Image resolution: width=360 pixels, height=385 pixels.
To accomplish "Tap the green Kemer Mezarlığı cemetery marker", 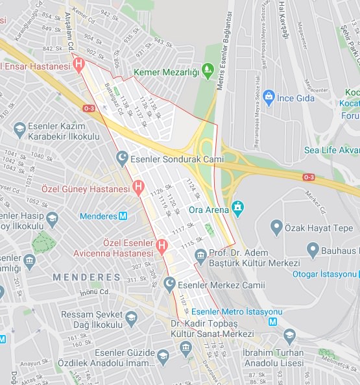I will (x=208, y=69).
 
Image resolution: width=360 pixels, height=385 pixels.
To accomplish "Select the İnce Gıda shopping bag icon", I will (x=269, y=97).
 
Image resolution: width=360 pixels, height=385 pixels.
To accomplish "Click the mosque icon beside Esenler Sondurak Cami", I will (x=121, y=158).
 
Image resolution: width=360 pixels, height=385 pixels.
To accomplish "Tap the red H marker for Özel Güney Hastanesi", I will (x=138, y=188).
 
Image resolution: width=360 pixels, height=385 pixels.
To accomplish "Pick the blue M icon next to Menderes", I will (x=123, y=216).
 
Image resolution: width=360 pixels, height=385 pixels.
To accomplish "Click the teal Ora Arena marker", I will (x=238, y=208).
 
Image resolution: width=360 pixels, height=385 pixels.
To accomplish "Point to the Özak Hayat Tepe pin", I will (x=276, y=228).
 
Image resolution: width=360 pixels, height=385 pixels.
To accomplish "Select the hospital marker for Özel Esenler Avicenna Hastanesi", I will (x=162, y=245).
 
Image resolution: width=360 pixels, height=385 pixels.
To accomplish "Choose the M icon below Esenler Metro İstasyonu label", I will (x=273, y=321).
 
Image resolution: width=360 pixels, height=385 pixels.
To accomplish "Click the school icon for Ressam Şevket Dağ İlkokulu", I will (x=132, y=317).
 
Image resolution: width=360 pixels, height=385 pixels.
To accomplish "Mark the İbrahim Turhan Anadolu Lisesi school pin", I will (x=289, y=336).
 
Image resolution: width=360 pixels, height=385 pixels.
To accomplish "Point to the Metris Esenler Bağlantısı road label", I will (x=230, y=45).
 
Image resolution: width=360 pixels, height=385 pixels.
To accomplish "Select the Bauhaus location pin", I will (x=313, y=250).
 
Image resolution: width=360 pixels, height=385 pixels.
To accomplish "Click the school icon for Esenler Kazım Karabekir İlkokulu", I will (x=19, y=129).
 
